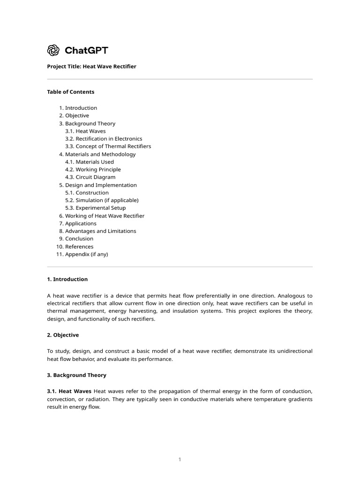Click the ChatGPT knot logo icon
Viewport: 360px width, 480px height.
click(53, 50)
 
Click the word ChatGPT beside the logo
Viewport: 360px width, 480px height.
click(86, 51)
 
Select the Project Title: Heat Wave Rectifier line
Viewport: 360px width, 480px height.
click(91, 67)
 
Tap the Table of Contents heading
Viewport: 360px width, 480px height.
click(70, 92)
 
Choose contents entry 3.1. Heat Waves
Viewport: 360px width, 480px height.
click(85, 131)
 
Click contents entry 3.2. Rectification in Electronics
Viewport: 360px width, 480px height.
click(104, 139)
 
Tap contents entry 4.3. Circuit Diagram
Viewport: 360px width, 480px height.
click(90, 177)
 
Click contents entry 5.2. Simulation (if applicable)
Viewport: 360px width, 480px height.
click(102, 200)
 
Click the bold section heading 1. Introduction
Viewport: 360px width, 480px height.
click(67, 279)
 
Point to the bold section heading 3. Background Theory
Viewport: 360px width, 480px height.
click(76, 375)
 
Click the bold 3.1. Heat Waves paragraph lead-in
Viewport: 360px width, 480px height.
click(69, 391)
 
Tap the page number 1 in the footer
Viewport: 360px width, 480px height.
click(180, 459)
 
